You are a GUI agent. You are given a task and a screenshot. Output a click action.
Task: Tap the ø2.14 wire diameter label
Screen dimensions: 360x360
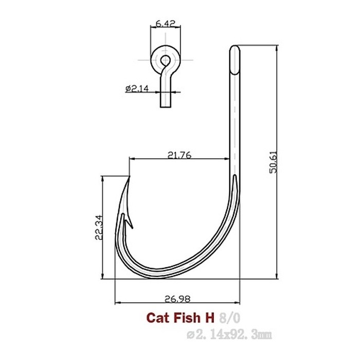click(137, 88)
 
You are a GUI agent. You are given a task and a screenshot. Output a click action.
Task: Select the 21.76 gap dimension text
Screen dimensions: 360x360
click(179, 154)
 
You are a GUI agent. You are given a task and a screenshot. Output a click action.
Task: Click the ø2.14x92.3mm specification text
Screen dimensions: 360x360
click(229, 335)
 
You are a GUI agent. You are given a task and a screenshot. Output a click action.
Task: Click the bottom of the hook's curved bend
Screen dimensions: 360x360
click(154, 275)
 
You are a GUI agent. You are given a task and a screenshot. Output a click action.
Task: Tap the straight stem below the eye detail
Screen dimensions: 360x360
click(165, 98)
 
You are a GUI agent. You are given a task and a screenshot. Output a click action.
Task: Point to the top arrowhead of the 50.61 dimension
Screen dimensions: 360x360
click(278, 48)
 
